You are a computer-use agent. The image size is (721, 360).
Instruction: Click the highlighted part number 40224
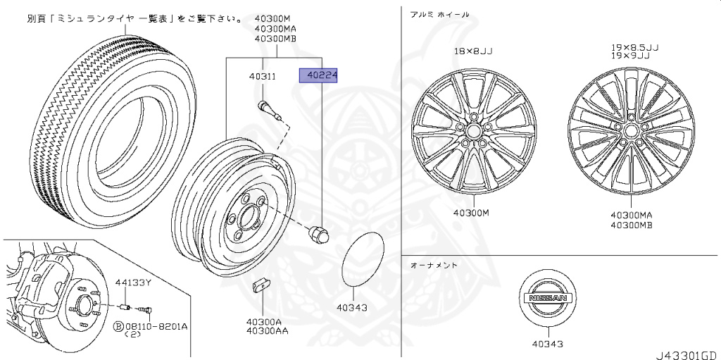318,75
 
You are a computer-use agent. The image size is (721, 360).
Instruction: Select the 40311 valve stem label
263,76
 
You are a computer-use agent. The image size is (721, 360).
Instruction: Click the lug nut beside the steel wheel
319,233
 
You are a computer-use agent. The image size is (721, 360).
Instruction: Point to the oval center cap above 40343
363,259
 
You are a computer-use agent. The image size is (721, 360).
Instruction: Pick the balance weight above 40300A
262,285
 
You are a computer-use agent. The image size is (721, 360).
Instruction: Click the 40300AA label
267,330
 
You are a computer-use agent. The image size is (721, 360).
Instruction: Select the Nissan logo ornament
548,298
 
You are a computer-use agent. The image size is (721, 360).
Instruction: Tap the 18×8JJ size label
473,51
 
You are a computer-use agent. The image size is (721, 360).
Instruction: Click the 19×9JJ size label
630,56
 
